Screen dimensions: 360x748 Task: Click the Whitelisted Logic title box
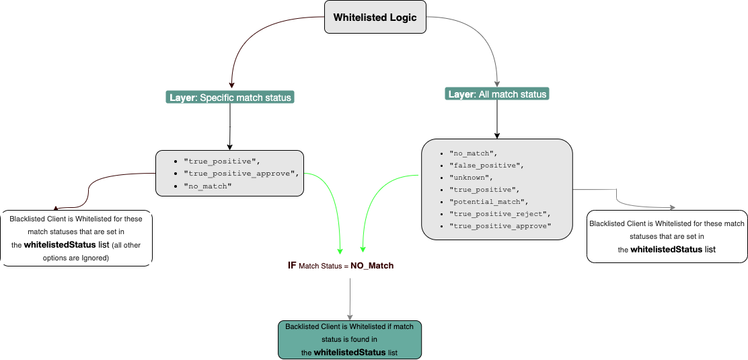click(375, 18)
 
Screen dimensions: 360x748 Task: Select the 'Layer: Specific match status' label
click(230, 98)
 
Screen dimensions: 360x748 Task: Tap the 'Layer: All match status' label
click(497, 94)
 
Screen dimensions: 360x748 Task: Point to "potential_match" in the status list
click(489, 202)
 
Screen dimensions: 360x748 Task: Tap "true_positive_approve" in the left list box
click(240, 173)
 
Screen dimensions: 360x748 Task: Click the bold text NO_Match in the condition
click(372, 266)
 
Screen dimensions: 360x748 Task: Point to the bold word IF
click(292, 266)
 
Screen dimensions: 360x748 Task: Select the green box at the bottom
click(349, 340)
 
